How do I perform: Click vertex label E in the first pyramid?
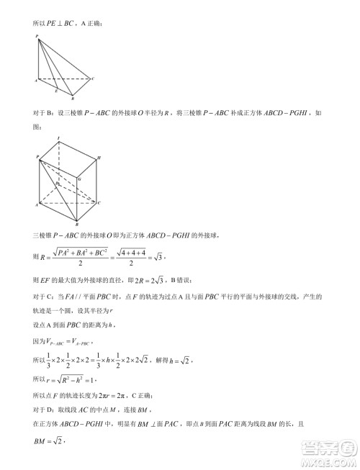(x=55, y=93)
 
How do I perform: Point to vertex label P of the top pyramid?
(x=36, y=35)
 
